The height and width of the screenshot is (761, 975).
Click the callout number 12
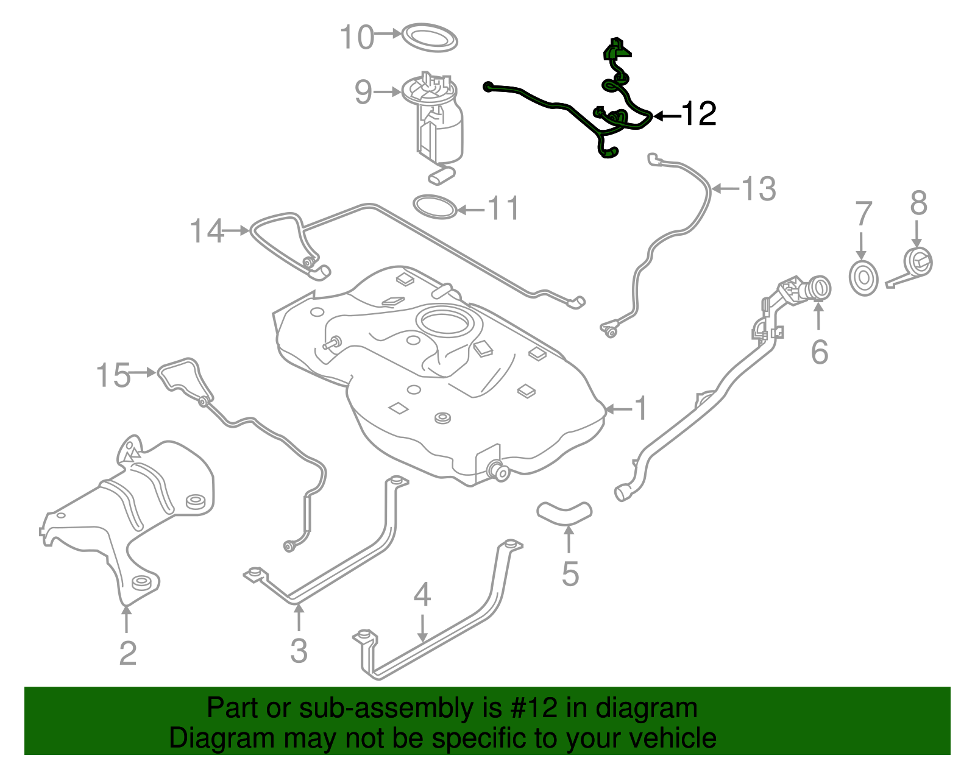pyautogui.click(x=698, y=114)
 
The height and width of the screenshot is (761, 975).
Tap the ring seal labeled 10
pyautogui.click(x=430, y=38)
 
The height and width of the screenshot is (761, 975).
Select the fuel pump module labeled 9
pyautogui.click(x=438, y=122)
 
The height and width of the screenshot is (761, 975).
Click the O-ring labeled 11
pyautogui.click(x=435, y=207)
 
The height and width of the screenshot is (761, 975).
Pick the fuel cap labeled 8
pyautogui.click(x=917, y=263)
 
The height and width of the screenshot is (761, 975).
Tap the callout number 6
pyautogui.click(x=819, y=352)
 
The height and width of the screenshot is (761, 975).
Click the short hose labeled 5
pyautogui.click(x=564, y=512)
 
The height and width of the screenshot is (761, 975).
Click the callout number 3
pyautogui.click(x=299, y=651)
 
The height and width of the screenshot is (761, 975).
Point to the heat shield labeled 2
pyautogui.click(x=131, y=512)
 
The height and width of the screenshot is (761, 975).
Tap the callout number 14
pyautogui.click(x=207, y=231)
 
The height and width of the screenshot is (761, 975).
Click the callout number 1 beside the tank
pyautogui.click(x=641, y=408)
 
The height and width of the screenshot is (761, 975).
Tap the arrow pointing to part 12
pyautogui.click(x=665, y=115)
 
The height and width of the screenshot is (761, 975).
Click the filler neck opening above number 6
pyautogui.click(x=820, y=286)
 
